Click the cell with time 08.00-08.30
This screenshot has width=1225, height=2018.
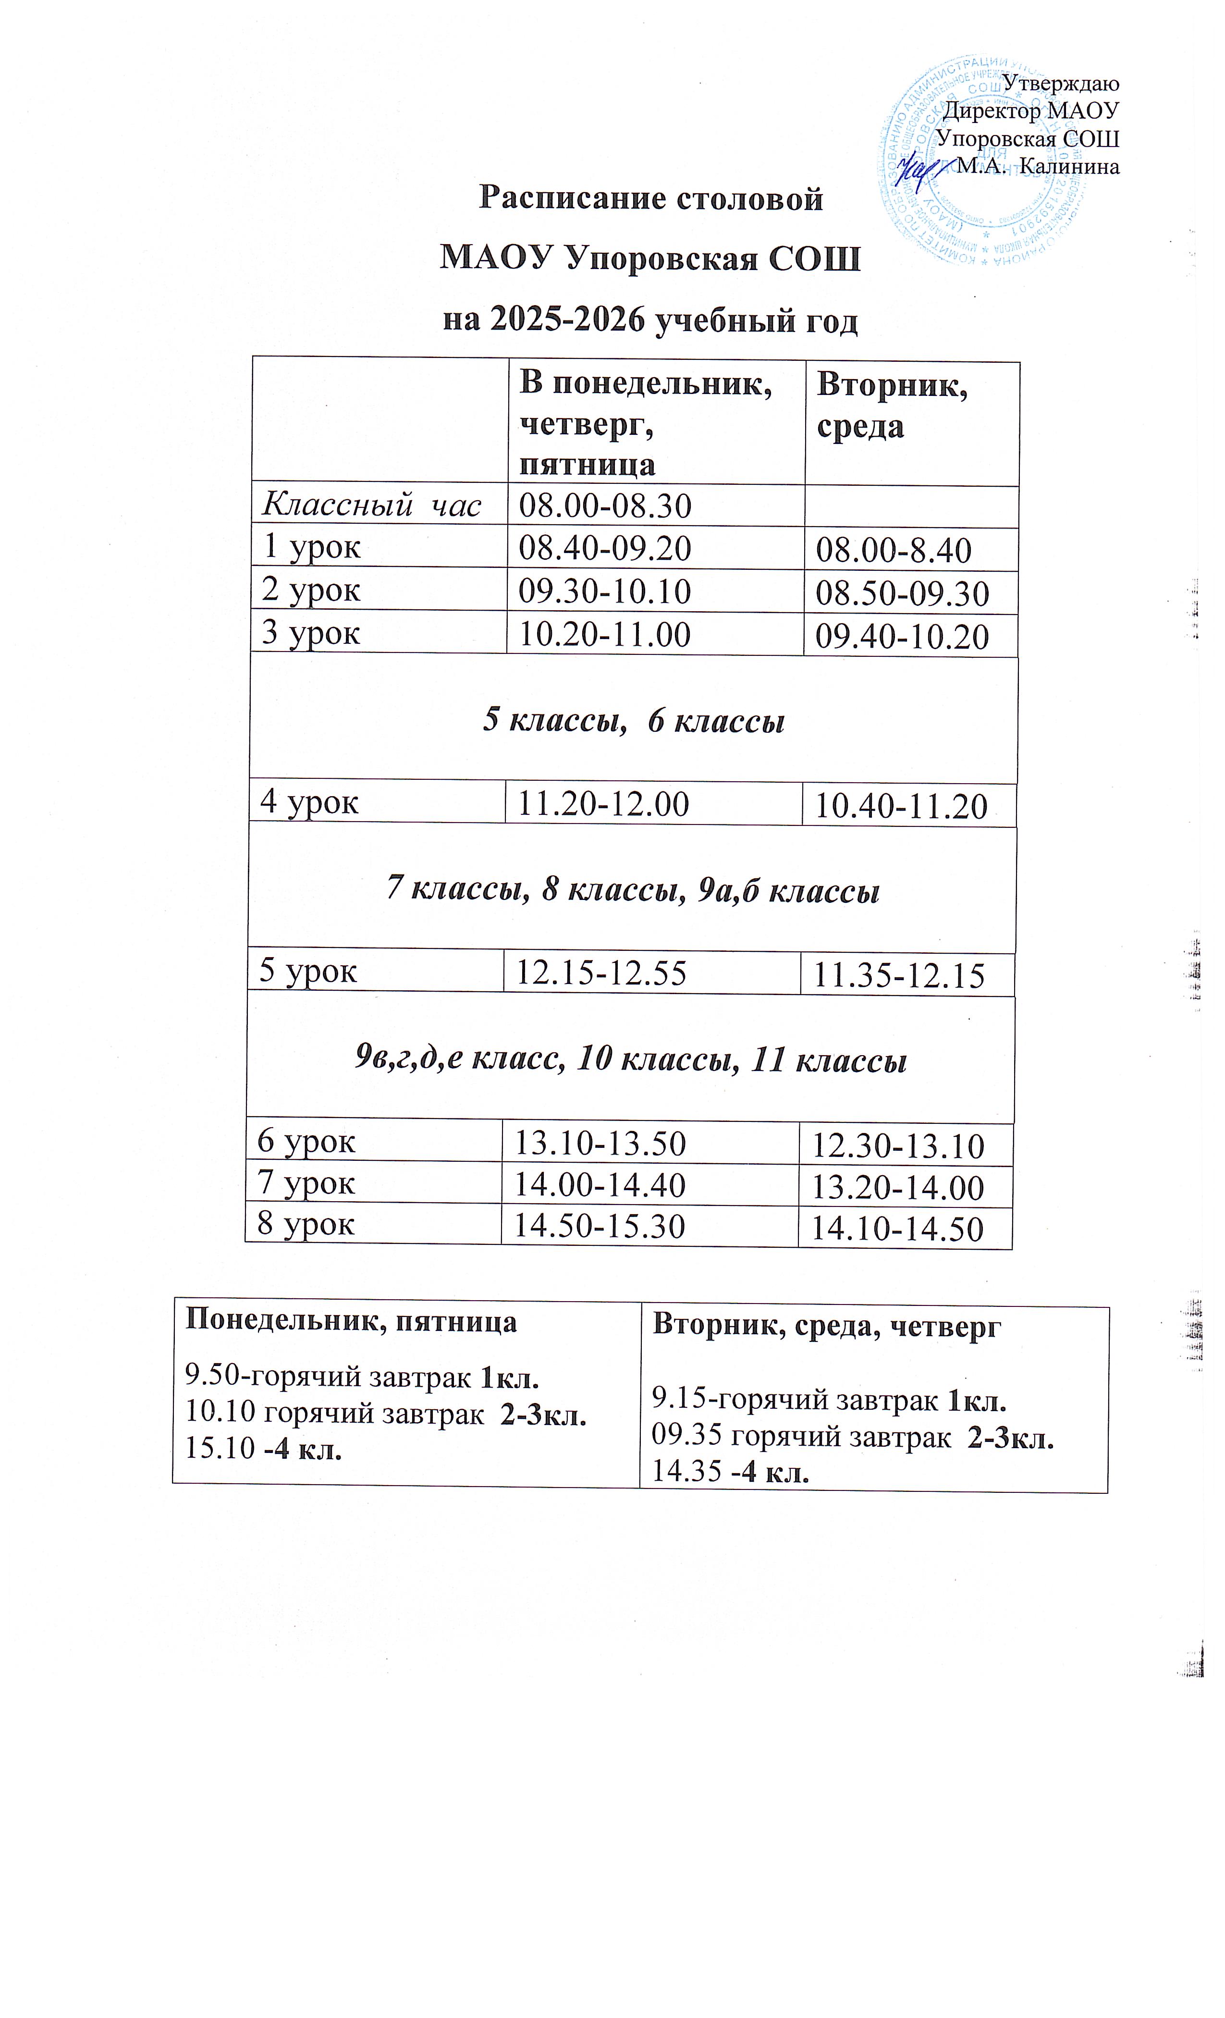tap(605, 506)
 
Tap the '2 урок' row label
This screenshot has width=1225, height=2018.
tap(311, 590)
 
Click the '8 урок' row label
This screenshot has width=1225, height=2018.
tap(306, 1224)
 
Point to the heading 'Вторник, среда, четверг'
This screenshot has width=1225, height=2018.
tap(825, 1327)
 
